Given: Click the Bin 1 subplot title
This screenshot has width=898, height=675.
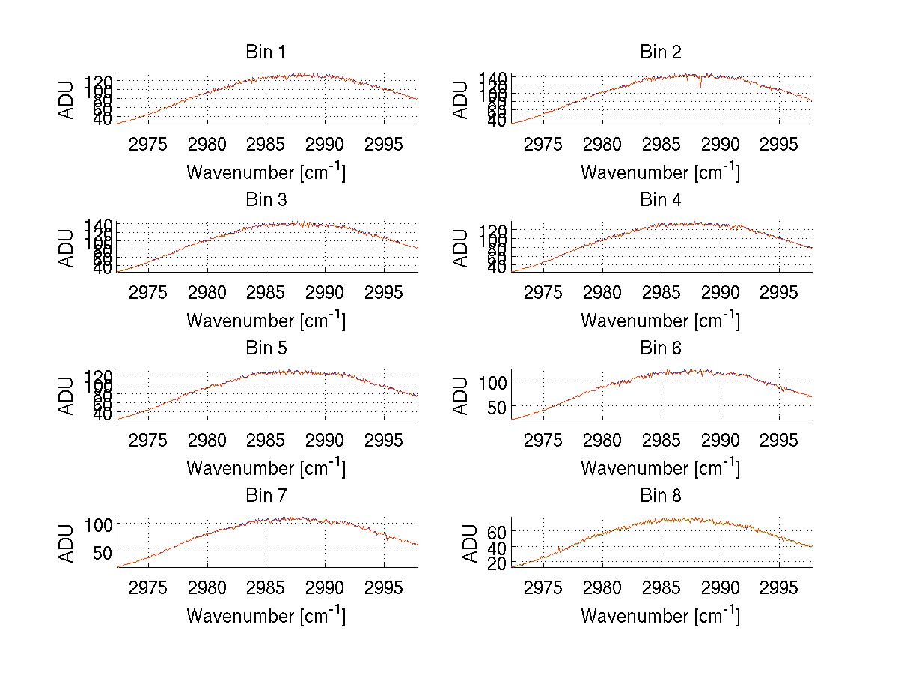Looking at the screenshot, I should click(265, 52).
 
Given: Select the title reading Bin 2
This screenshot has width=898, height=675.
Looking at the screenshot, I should click(660, 52).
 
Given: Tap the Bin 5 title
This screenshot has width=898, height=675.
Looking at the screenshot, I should click(265, 348).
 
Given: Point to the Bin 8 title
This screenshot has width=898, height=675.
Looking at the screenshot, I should click(660, 496).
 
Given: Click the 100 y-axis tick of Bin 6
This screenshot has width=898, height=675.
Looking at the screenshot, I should click(494, 381).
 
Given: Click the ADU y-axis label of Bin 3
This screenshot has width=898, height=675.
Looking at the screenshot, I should click(67, 248).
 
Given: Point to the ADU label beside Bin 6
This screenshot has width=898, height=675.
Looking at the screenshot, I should click(462, 396).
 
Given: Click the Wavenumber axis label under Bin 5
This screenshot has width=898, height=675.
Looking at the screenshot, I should click(266, 468).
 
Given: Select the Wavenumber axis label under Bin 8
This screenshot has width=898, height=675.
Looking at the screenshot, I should click(660, 616).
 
